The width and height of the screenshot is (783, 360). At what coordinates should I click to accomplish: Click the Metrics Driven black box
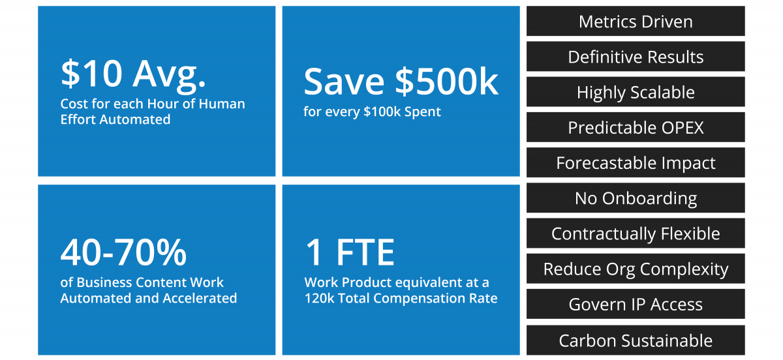(636, 21)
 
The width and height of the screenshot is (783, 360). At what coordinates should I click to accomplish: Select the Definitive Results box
(636, 56)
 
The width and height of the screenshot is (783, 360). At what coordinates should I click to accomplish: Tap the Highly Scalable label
(636, 91)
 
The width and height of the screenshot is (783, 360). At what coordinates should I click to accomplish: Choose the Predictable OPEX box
(636, 127)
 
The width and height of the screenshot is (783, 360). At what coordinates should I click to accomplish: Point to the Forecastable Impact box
(636, 162)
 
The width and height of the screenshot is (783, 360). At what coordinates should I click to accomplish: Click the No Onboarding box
(636, 198)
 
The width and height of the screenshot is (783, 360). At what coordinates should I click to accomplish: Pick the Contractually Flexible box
(636, 233)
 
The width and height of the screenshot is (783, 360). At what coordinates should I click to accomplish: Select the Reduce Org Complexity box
(636, 269)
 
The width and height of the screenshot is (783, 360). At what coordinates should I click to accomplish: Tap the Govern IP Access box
(636, 304)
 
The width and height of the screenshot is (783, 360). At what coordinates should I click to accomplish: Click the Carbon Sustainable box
(636, 340)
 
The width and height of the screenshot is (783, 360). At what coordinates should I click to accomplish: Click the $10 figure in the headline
(91, 74)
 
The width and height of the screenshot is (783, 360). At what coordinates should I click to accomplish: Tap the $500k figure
(447, 82)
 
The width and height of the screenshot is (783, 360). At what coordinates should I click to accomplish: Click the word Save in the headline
(344, 82)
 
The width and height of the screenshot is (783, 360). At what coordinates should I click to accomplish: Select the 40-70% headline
(123, 252)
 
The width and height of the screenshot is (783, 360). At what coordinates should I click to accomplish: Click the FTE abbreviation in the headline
(365, 252)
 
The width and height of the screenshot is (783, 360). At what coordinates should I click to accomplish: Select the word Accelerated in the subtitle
(200, 298)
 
